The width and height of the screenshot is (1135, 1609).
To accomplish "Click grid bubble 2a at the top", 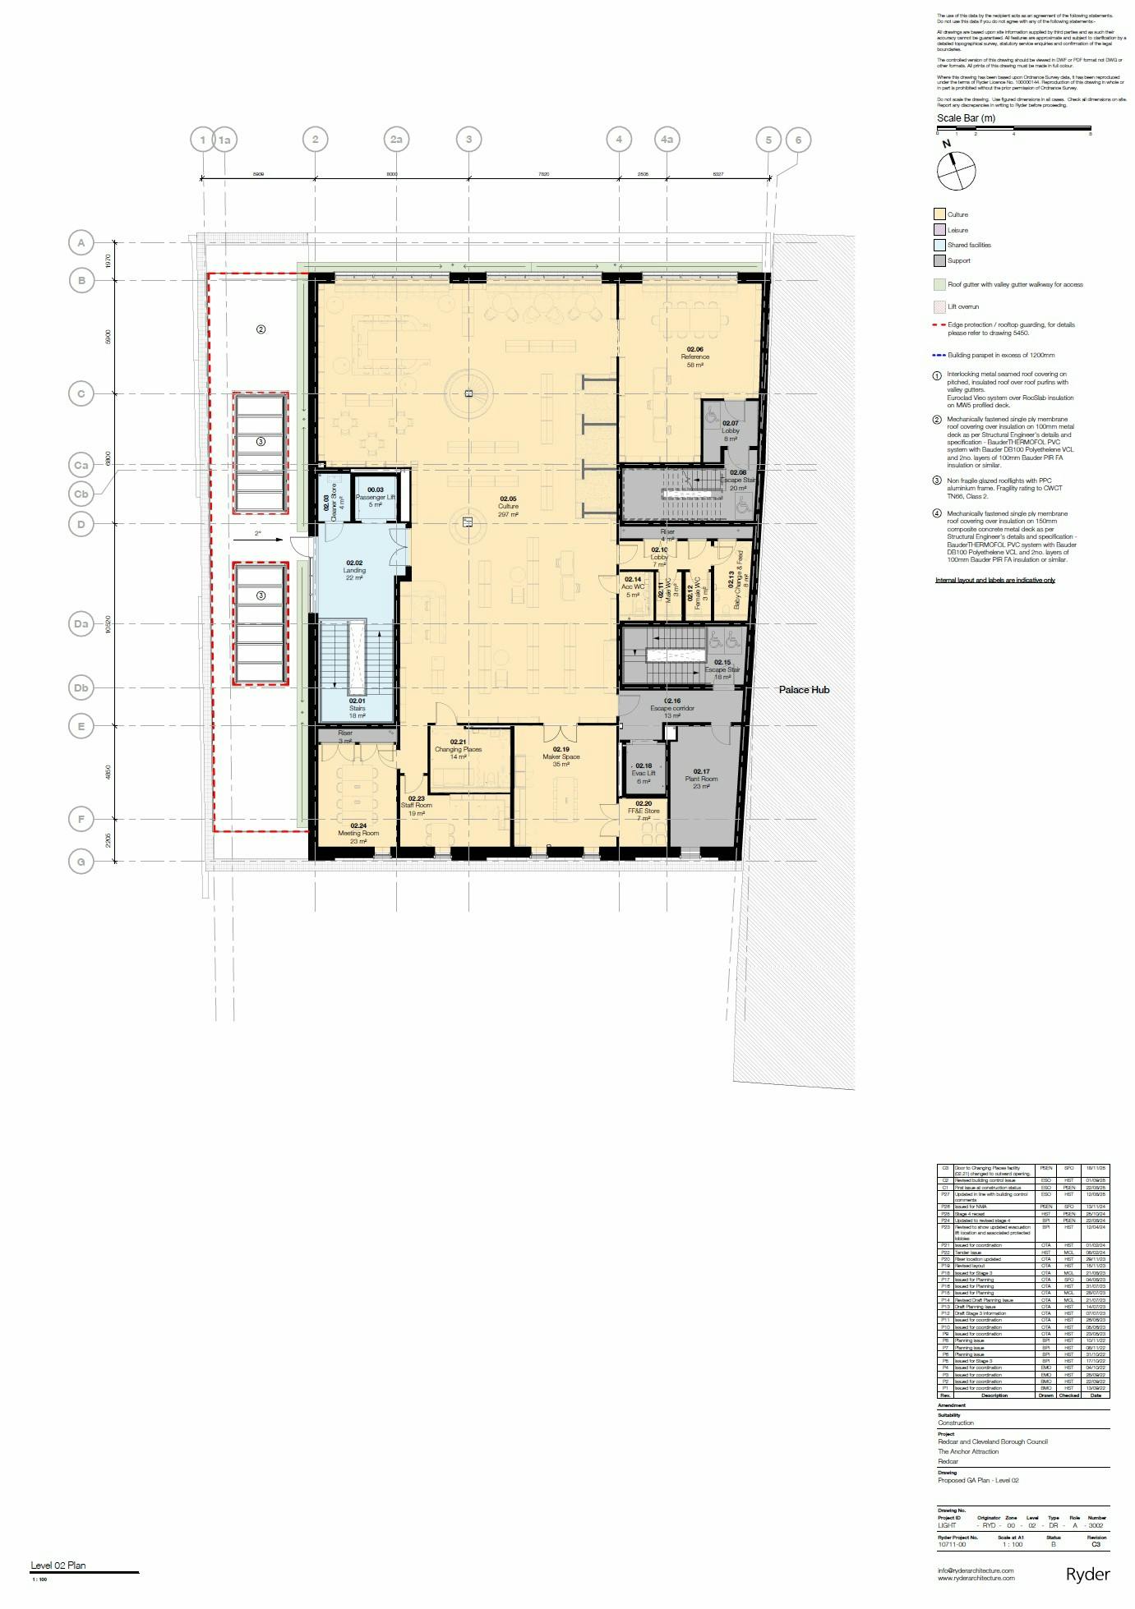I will coord(396,140).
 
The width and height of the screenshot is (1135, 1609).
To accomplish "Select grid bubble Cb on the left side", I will coord(81,494).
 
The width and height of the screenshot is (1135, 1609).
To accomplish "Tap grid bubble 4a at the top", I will coord(667,140).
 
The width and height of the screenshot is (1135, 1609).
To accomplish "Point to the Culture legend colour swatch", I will coord(939,214).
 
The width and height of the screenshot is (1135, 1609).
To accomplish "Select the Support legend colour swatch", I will coord(939,261).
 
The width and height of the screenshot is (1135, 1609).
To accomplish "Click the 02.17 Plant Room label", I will coord(701,779).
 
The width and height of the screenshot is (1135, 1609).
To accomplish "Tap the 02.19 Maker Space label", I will coord(561,756).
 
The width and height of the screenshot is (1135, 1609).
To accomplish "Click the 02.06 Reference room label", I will coord(694,356).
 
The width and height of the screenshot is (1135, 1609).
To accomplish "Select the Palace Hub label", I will coord(804,690).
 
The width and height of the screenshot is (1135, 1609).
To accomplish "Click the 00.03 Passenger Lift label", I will coord(376,497).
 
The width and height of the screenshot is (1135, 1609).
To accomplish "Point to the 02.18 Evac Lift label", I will coord(644,773).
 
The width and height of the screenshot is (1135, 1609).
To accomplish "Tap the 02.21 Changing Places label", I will coord(458,749).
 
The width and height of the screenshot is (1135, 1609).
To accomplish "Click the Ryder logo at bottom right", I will coord(1087,1575).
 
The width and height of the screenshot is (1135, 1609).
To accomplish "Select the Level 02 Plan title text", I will coord(58,1565).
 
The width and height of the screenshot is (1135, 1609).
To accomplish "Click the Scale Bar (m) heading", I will coord(966,118).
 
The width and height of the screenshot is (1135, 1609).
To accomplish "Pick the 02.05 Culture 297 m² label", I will coord(508,506).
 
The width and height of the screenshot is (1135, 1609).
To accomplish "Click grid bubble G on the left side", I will coord(81,862).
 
